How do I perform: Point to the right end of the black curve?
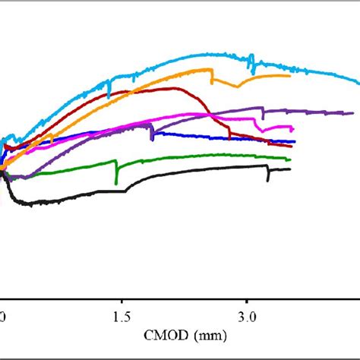[x=290, y=169]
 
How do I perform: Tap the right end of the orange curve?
[x=290, y=75]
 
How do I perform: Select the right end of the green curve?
[x=289, y=159]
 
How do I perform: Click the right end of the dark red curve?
[x=292, y=146]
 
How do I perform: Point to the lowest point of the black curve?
[x=30, y=204]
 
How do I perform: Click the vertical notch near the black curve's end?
[x=267, y=176]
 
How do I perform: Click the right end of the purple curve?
[x=353, y=113]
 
